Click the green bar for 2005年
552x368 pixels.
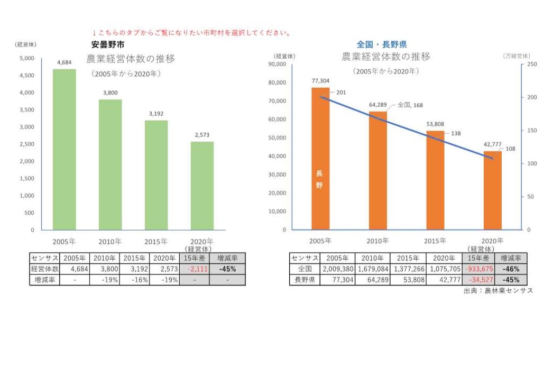[x=64, y=149]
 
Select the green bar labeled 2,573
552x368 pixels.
[x=202, y=186]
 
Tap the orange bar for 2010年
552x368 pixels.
[x=378, y=170]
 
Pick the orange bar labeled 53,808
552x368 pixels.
[x=435, y=180]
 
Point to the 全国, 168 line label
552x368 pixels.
[x=410, y=105]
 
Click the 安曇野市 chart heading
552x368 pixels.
[x=108, y=45]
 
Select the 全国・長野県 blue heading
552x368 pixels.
[x=382, y=45]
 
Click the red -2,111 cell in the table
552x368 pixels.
[x=194, y=269]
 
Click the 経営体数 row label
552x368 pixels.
[x=44, y=269]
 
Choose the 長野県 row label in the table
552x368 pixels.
[x=305, y=280]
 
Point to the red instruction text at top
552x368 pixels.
[x=191, y=33]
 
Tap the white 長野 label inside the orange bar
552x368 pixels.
[x=319, y=179]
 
